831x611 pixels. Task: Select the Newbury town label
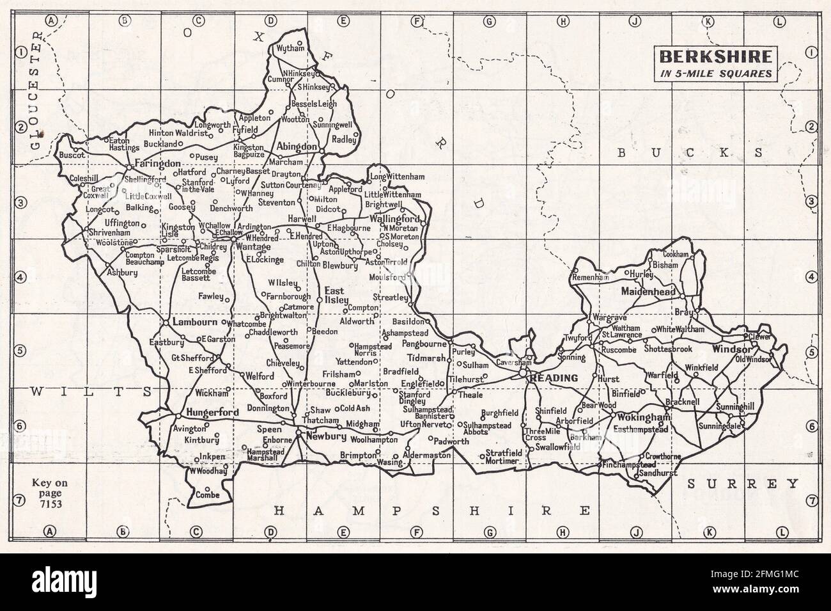[326, 438]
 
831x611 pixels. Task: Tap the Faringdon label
[158, 164]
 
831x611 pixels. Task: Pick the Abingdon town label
[297, 147]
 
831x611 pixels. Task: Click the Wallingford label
[401, 218]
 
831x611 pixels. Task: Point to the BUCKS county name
[690, 152]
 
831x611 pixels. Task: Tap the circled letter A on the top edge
[51, 21]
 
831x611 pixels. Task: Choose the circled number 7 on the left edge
[20, 500]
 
